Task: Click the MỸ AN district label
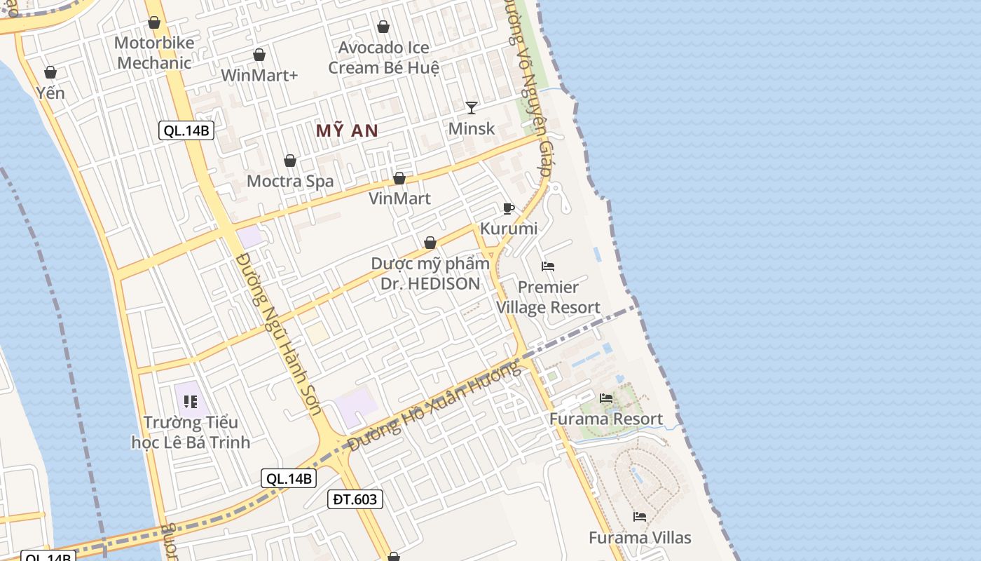click(347, 130)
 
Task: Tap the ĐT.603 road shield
click(355, 499)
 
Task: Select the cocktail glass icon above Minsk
click(472, 107)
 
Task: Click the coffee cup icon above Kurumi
click(509, 208)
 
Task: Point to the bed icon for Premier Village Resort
click(548, 266)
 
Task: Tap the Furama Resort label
click(605, 419)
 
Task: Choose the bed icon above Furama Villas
click(640, 517)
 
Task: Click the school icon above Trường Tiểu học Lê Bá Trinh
click(190, 402)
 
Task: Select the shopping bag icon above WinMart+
click(259, 55)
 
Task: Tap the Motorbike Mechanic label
click(154, 53)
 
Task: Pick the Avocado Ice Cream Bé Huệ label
click(383, 58)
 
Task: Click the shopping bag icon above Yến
click(50, 72)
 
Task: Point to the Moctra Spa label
click(290, 181)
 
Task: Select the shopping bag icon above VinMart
click(399, 178)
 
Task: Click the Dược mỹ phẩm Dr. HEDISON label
click(430, 273)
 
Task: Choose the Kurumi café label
click(509, 228)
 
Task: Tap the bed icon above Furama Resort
click(606, 398)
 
